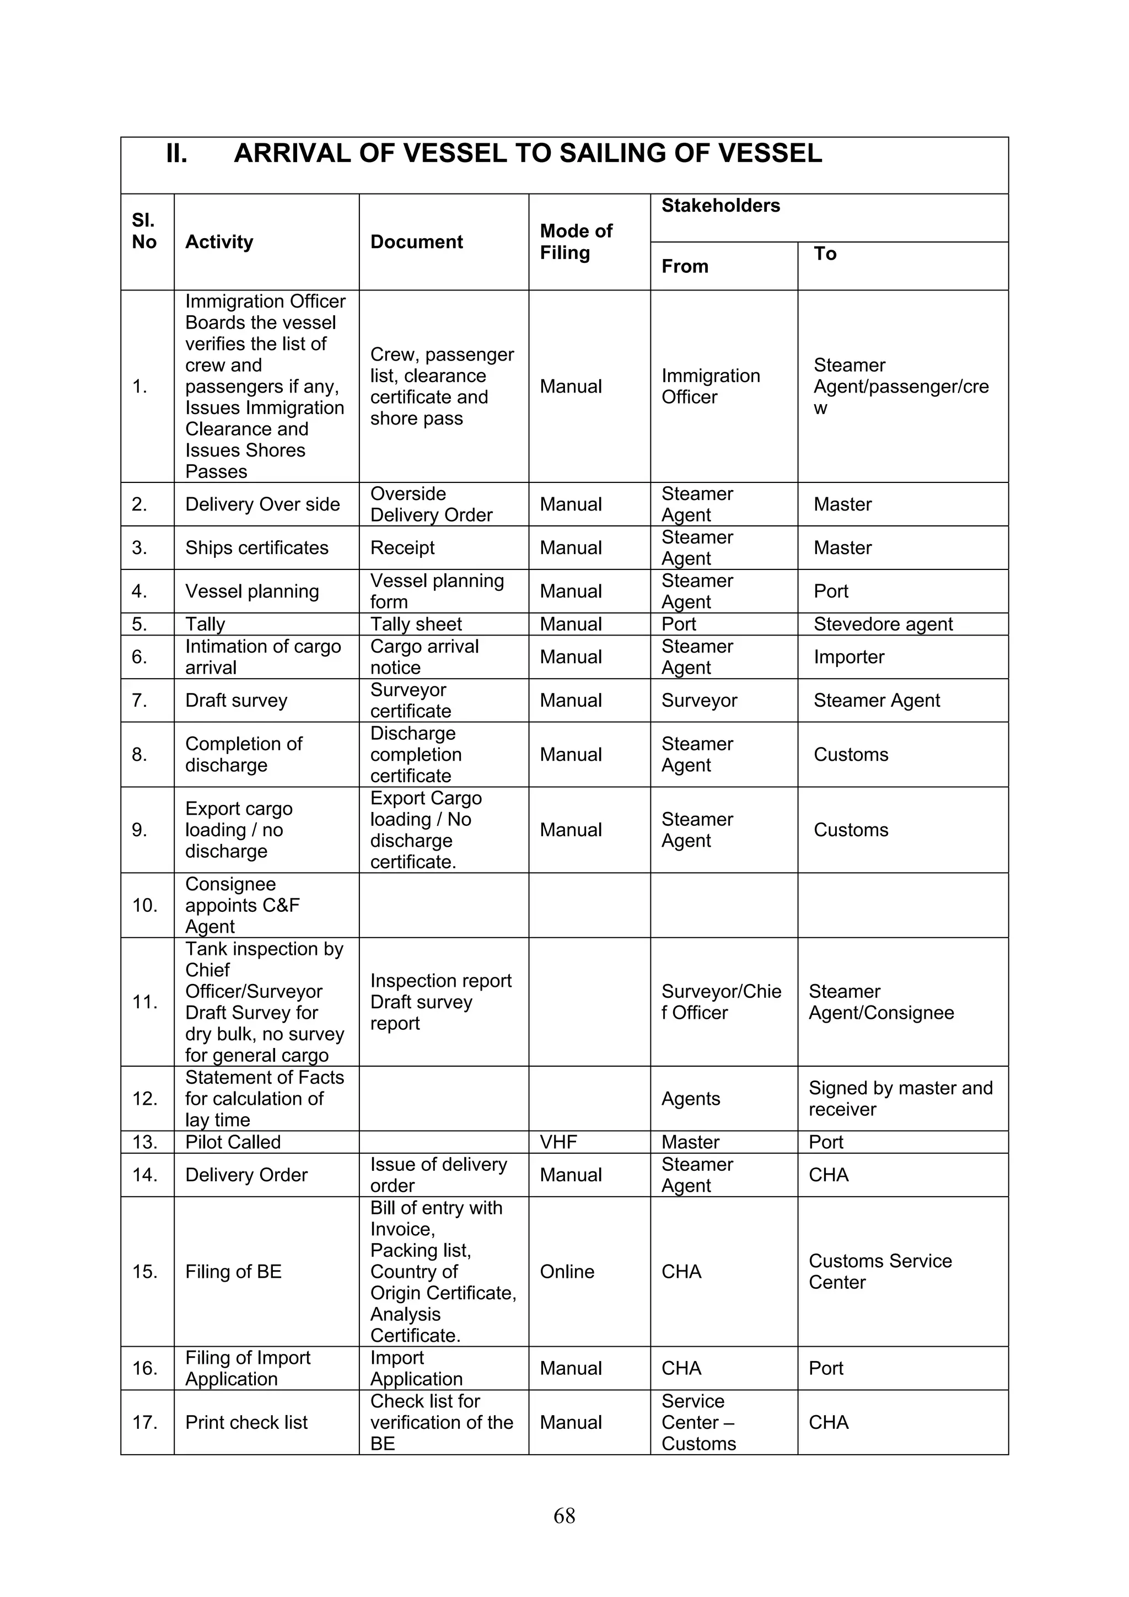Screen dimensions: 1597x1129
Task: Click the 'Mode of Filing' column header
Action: pos(576,241)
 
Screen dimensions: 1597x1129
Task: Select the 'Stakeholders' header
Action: pos(721,206)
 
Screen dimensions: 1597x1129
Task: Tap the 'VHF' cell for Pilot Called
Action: pos(558,1142)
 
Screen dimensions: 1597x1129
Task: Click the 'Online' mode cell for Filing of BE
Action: pos(567,1271)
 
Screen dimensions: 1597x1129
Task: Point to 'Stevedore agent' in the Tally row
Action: pos(883,624)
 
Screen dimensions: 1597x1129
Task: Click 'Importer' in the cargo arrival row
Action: pos(848,657)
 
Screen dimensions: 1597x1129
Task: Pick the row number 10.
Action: pos(144,905)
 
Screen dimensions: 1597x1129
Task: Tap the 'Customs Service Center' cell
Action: pos(880,1271)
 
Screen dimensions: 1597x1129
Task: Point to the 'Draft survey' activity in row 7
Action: pos(236,701)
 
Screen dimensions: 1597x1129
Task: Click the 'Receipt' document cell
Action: pos(402,548)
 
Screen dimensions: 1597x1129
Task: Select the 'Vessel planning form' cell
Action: pos(437,591)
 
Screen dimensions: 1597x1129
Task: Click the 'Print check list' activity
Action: pos(246,1422)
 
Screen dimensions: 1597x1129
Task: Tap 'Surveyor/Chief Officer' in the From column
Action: pos(721,1002)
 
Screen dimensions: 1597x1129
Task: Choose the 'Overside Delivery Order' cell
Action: pos(431,504)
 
